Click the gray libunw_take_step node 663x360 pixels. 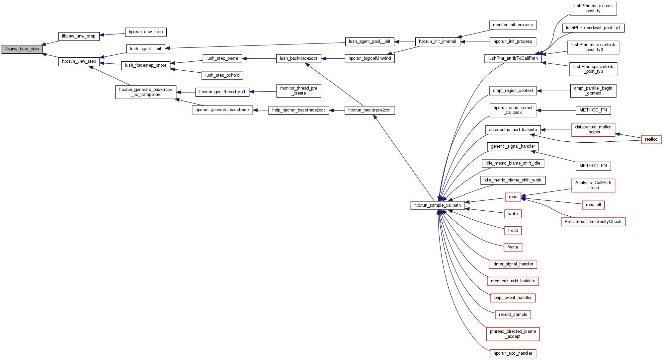point(22,49)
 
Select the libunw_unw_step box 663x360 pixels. point(79,36)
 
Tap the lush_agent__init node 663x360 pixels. point(145,49)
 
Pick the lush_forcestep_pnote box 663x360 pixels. point(146,65)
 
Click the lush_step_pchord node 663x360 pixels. point(222,75)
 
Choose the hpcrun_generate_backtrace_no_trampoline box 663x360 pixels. point(146,92)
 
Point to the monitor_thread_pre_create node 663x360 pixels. point(298,91)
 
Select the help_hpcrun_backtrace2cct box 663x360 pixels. point(298,110)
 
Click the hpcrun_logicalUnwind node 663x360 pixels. point(370,58)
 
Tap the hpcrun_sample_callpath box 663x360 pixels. point(437,205)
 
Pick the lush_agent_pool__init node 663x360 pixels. point(369,41)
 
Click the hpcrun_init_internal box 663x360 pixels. point(437,41)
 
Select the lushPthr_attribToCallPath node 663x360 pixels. point(513,58)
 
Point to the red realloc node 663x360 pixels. point(651,139)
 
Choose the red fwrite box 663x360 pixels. point(513,247)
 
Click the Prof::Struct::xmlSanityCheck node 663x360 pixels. point(593,222)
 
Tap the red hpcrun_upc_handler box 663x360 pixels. point(513,353)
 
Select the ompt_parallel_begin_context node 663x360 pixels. point(593,91)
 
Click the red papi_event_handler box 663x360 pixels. point(513,298)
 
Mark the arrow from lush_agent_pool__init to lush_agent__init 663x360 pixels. point(256,45)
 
